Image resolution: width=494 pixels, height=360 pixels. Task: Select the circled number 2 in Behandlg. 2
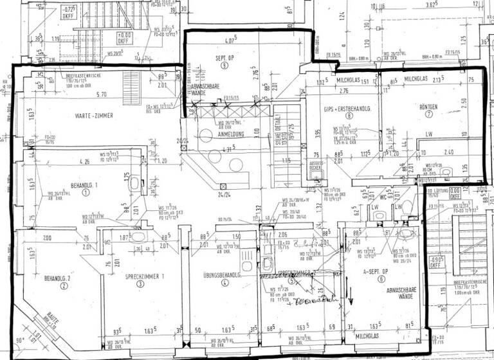(x=64, y=287)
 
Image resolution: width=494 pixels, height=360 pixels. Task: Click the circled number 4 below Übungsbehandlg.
(x=224, y=282)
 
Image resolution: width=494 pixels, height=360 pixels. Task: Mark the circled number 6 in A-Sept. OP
(x=381, y=279)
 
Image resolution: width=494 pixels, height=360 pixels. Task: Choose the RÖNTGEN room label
(x=428, y=106)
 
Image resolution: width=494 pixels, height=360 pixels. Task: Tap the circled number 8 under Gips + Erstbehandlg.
(x=349, y=116)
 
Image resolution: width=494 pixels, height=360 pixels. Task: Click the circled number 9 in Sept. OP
(x=224, y=66)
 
